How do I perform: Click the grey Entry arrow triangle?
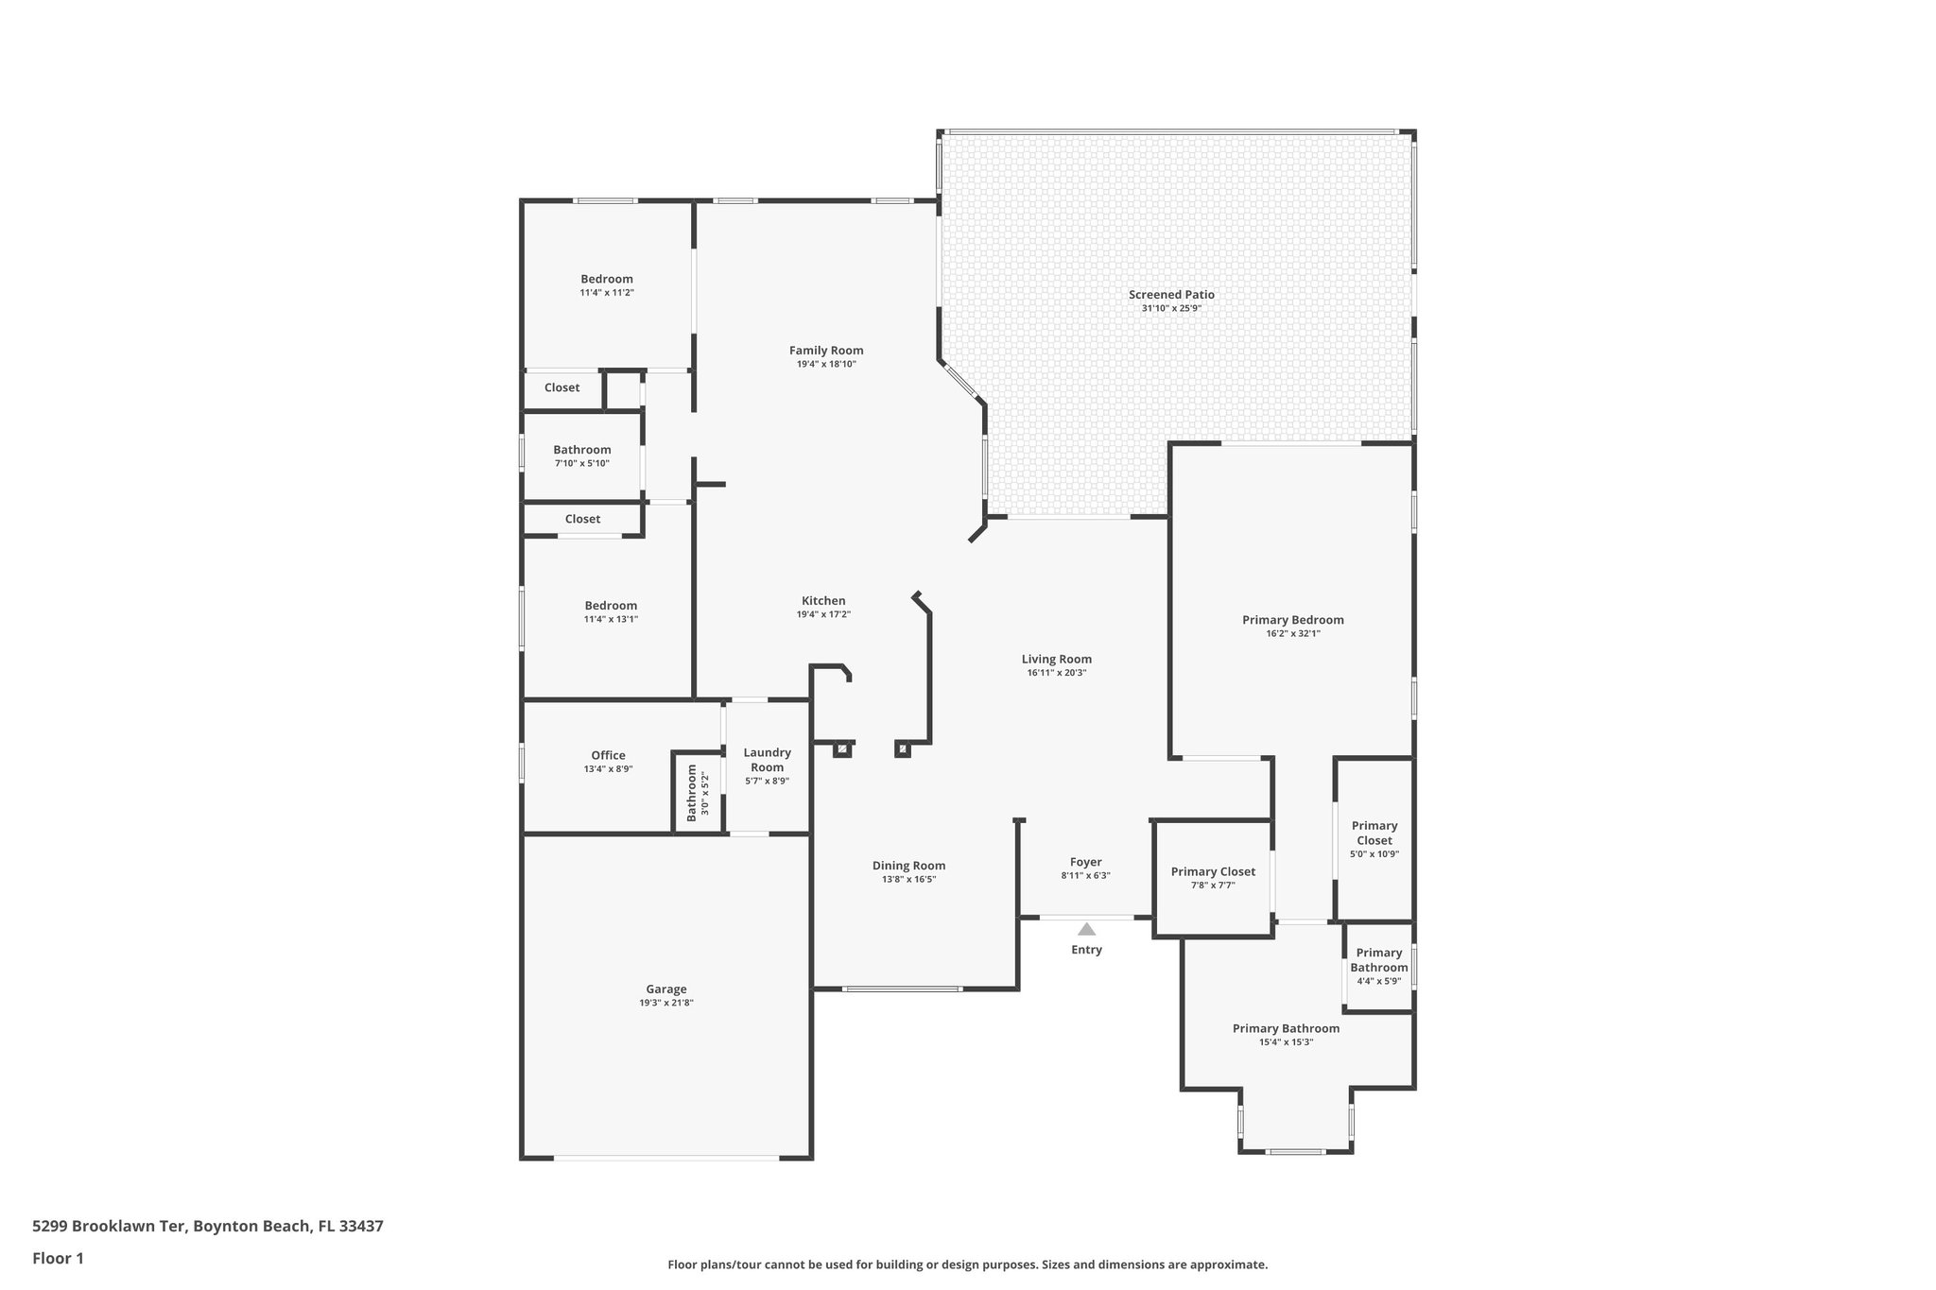click(x=1086, y=929)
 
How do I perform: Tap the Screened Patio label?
click(x=1171, y=295)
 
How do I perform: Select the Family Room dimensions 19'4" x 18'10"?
click(x=826, y=364)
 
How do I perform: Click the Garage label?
click(x=666, y=989)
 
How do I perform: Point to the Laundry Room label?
click(x=767, y=760)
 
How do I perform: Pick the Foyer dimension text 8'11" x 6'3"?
click(x=1085, y=876)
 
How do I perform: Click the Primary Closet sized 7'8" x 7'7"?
click(x=1213, y=872)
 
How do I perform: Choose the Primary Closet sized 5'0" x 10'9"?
click(x=1374, y=834)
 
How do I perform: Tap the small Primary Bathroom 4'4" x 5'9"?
click(x=1378, y=960)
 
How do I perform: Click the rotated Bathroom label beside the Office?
click(x=692, y=793)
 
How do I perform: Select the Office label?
click(x=608, y=755)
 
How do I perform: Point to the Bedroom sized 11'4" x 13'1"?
click(x=611, y=606)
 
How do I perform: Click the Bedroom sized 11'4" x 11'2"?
click(x=607, y=279)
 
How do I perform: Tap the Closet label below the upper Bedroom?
click(x=562, y=387)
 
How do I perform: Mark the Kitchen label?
click(x=823, y=601)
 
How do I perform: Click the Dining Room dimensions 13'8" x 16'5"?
click(x=908, y=880)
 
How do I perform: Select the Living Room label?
click(x=1056, y=660)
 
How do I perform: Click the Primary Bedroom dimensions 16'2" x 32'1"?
click(x=1292, y=634)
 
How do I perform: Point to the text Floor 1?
click(x=58, y=1258)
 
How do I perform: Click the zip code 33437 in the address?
click(x=361, y=1227)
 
